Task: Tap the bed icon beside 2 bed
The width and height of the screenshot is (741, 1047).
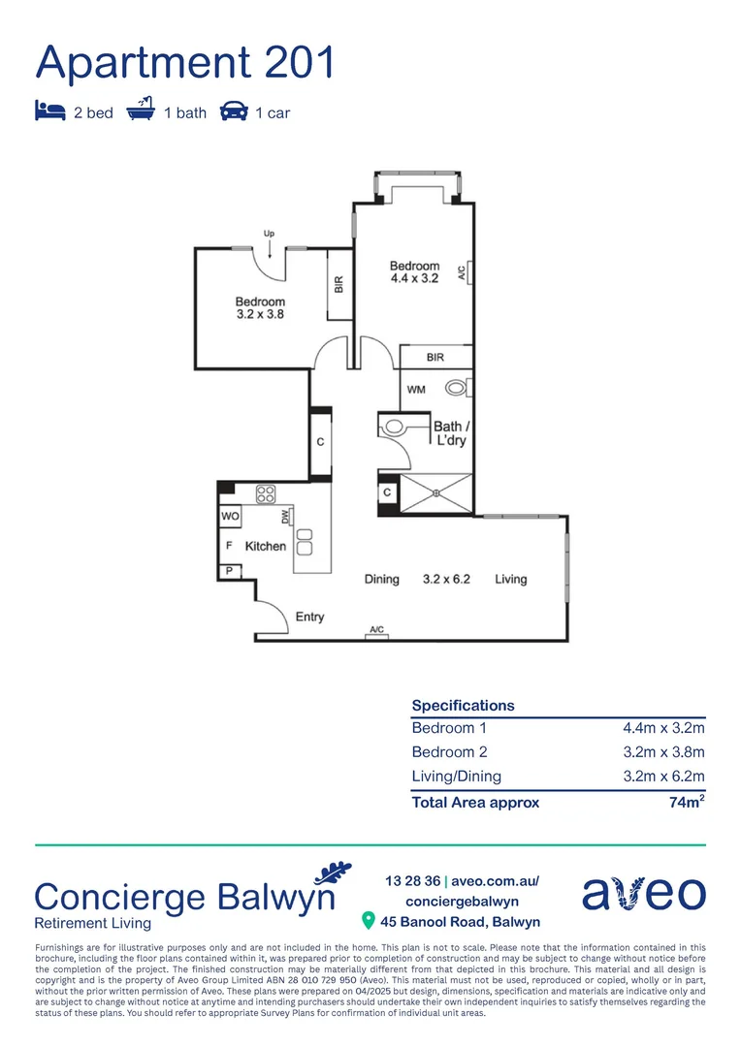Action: [x=49, y=111]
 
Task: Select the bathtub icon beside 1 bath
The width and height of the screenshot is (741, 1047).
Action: [x=141, y=111]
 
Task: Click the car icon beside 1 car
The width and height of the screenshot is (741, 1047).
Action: [x=233, y=111]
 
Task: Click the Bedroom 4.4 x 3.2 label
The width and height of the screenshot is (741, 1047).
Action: [x=414, y=271]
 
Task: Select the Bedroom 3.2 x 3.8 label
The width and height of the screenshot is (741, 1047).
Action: [x=260, y=307]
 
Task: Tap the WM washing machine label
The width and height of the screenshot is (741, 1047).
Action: [x=416, y=390]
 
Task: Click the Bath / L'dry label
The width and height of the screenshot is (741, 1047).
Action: [x=451, y=433]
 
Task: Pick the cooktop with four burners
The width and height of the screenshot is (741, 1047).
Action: [x=266, y=493]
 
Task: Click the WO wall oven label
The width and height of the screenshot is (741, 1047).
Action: [x=230, y=517]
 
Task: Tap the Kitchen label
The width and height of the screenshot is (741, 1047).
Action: [x=265, y=547]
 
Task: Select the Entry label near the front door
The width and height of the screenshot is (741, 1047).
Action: [x=309, y=617]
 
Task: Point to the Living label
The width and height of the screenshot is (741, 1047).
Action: [x=510, y=580]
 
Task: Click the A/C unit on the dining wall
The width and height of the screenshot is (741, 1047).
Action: [x=376, y=631]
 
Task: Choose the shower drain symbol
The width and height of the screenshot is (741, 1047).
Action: [x=436, y=493]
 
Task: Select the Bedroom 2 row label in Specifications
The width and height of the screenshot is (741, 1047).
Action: [x=449, y=752]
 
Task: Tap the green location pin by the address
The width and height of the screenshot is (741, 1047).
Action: [x=368, y=920]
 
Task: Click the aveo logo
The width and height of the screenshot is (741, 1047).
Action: [x=643, y=892]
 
